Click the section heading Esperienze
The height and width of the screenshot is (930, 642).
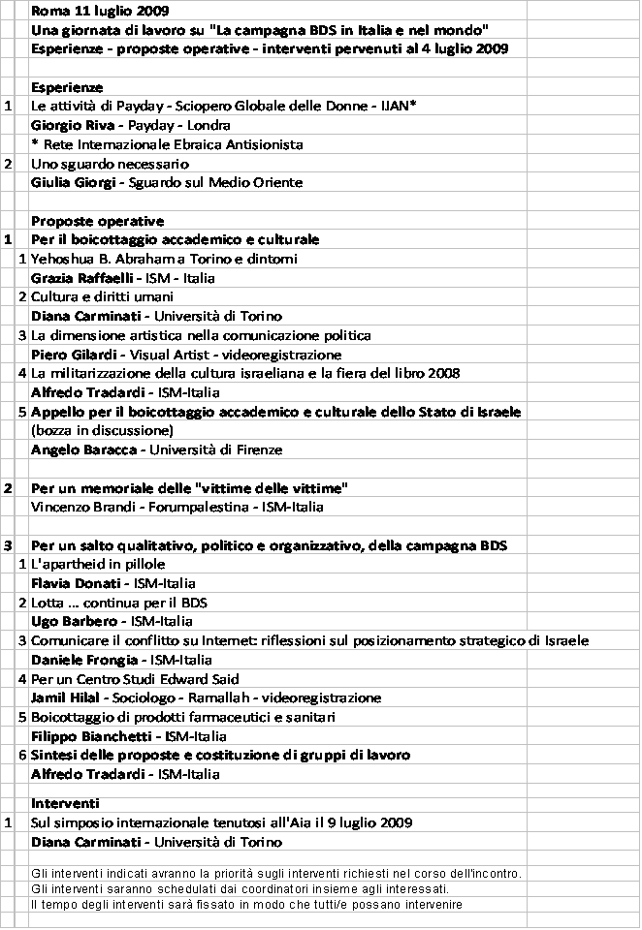click(x=67, y=87)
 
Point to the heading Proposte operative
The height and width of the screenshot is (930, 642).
click(x=97, y=221)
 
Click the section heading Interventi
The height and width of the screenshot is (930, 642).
click(x=65, y=803)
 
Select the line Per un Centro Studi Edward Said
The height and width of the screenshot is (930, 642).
click(x=135, y=679)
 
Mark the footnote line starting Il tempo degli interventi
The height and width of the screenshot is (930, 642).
click(x=245, y=905)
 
